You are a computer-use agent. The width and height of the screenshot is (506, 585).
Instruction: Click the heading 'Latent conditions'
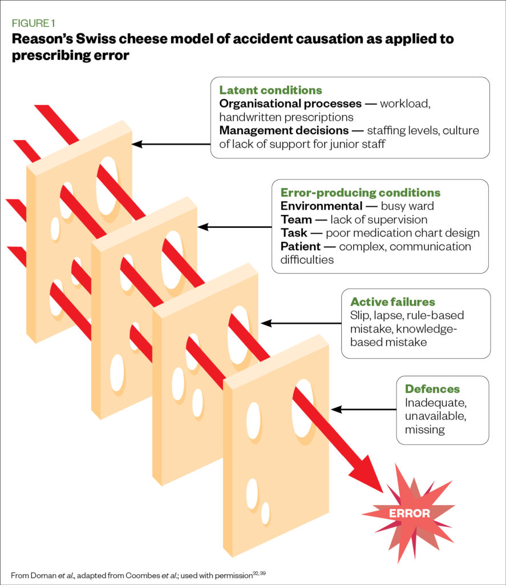270,90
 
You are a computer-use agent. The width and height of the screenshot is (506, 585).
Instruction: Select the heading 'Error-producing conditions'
360,193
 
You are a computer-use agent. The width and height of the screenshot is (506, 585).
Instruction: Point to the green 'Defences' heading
432,389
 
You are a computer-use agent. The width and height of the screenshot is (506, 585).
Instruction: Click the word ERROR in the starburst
409,513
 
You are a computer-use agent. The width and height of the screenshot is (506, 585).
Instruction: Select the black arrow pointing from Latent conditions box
171,144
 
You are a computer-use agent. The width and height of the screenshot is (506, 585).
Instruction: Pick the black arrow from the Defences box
363,410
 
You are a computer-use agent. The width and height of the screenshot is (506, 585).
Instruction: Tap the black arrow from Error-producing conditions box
234,227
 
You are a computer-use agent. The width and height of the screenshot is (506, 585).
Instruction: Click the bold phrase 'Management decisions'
284,131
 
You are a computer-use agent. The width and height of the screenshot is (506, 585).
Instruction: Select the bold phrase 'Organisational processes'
290,104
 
